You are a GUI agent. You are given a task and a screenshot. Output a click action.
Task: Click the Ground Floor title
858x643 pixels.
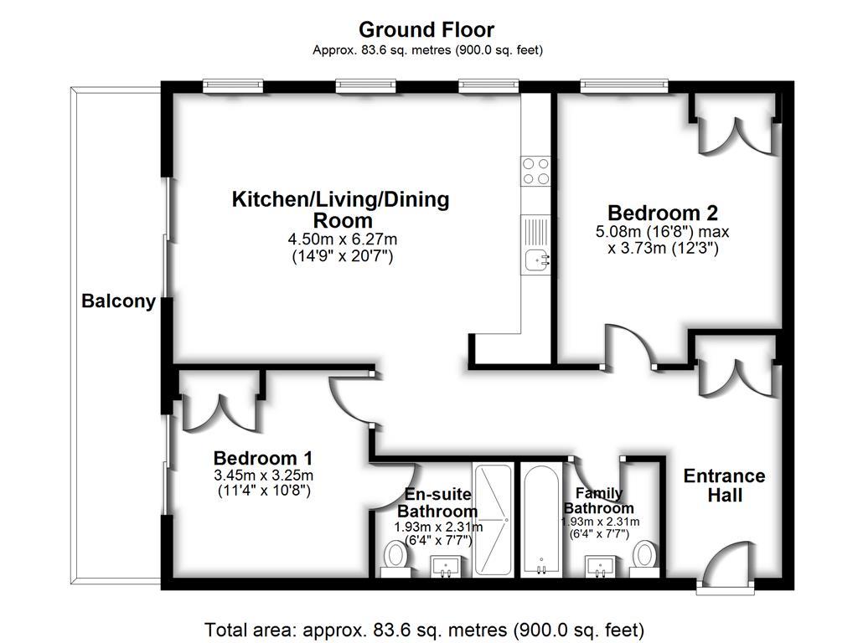(427, 30)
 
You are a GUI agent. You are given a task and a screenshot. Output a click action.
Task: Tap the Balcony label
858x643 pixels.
(118, 301)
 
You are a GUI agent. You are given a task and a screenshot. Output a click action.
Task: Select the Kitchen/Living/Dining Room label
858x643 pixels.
(340, 209)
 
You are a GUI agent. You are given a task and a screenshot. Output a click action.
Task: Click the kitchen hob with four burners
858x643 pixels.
(536, 171)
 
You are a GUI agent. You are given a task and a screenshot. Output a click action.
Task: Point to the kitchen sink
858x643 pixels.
(536, 261)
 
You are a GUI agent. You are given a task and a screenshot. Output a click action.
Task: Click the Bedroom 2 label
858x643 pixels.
(663, 213)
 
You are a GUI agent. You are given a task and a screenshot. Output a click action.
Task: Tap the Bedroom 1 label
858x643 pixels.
(263, 458)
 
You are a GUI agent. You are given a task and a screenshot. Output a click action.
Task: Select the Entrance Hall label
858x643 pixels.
(724, 486)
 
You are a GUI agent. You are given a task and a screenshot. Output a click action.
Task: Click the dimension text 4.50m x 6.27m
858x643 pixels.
(339, 239)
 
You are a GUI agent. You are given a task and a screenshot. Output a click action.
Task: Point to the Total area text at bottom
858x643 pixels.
(424, 629)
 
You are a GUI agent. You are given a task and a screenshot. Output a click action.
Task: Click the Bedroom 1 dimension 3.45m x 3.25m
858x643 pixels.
(263, 476)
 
